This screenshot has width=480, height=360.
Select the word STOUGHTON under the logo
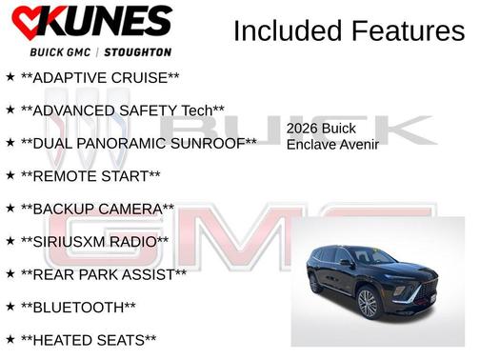pyautogui.click(x=140, y=51)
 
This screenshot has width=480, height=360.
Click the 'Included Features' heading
pyautogui.click(x=349, y=31)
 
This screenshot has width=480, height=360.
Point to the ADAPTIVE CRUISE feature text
pyautogui.click(x=100, y=76)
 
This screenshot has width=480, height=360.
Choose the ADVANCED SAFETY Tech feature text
pyautogui.click(x=122, y=110)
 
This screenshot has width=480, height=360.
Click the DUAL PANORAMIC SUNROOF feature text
pyautogui.click(x=138, y=143)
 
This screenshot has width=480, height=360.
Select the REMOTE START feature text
pyautogui.click(x=90, y=176)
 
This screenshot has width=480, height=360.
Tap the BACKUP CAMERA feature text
pyautogui.click(x=97, y=209)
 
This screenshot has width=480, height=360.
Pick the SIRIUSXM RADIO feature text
pyautogui.click(x=94, y=242)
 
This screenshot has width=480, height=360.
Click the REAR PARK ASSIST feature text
pyautogui.click(x=103, y=274)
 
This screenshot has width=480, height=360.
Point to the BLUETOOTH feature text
pyautogui.click(x=78, y=308)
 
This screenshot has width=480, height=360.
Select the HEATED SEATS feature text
pyautogui.click(x=88, y=340)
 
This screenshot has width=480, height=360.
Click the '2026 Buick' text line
pyautogui.click(x=322, y=129)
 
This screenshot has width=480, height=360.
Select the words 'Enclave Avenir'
pyautogui.click(x=332, y=145)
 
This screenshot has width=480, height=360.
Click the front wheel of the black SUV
pyautogui.click(x=368, y=304)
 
